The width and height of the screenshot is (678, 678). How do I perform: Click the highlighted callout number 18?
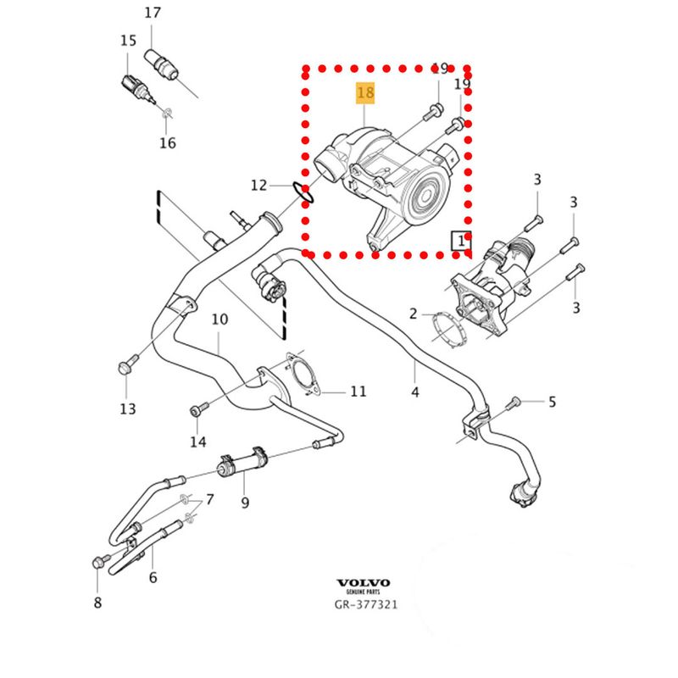365,92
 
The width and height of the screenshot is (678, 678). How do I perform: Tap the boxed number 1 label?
462,241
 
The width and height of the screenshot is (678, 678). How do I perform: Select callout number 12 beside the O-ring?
258,185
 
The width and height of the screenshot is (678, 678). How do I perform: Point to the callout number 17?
152,13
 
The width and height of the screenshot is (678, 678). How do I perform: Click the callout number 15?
128,40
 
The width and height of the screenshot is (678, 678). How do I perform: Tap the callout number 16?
168,143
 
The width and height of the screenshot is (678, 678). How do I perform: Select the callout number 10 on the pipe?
220,320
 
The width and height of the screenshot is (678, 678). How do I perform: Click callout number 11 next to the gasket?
358,392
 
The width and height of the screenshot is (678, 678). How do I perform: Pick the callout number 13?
127,409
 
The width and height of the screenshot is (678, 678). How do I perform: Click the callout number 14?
197,442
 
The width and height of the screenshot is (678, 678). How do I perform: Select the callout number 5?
552,402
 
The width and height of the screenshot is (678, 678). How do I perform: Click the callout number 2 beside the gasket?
414,314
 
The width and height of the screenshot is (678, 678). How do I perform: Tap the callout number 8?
97,603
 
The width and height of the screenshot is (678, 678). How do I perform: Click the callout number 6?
153,577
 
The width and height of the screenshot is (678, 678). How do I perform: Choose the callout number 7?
209,498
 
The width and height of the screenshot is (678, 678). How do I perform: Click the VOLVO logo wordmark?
364,583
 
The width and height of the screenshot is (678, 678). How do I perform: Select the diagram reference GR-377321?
364,605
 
